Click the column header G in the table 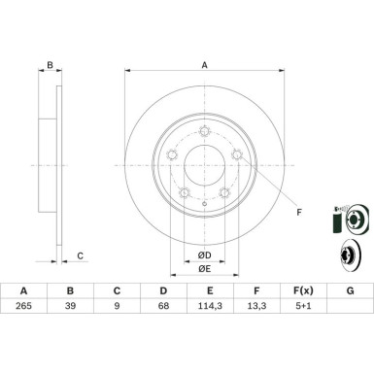[x=349, y=290]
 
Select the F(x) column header [x=302, y=290]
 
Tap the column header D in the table [x=162, y=290]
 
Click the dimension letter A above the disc [x=205, y=65]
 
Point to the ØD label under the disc [x=205, y=255]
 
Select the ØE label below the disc [x=205, y=268]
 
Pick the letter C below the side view [x=81, y=255]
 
